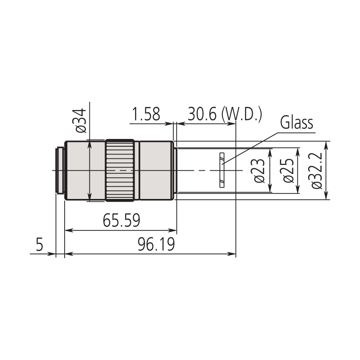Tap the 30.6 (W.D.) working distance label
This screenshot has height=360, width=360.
coord(225,115)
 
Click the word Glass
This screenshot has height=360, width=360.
coord(297,123)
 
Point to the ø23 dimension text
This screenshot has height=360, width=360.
coord(260,171)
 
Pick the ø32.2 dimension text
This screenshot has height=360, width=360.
coord(317,171)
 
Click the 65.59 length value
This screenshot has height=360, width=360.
coord(121,221)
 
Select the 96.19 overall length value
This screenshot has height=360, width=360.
coord(156,245)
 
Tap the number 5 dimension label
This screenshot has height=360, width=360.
coord(39,245)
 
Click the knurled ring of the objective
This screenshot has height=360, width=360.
coord(120,171)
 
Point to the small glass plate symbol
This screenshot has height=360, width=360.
coord(221,171)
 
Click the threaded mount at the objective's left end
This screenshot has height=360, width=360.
coord(60,171)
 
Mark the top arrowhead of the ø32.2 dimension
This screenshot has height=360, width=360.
coord(326,144)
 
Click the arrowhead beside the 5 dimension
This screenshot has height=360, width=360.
coord(53,254)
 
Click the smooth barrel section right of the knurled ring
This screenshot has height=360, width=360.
coord(155,171)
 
